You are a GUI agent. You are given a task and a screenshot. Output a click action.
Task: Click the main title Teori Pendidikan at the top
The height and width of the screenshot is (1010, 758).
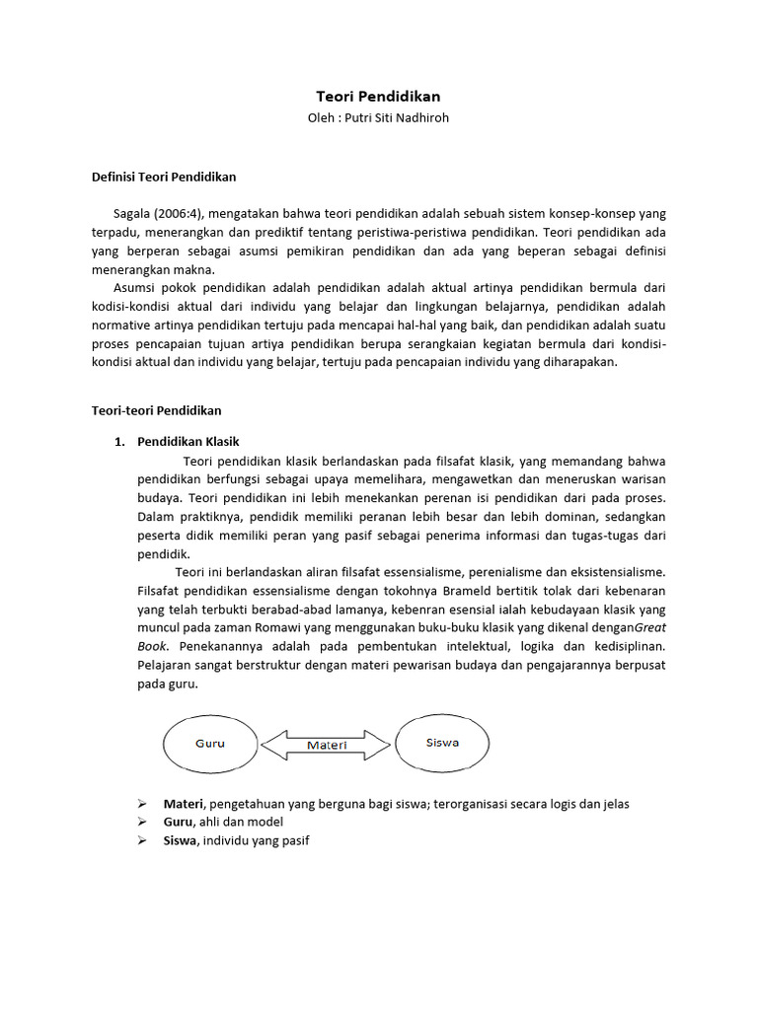[x=378, y=97]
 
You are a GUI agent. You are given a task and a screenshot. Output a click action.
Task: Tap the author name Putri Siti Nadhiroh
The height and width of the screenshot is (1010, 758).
[x=398, y=118]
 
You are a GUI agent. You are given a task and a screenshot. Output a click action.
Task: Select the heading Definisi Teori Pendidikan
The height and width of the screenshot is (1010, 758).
[x=164, y=178]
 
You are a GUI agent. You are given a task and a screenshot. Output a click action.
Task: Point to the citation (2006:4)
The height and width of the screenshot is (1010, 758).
[x=184, y=214]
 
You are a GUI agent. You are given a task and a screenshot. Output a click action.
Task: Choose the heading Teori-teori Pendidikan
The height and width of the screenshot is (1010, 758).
[x=157, y=410]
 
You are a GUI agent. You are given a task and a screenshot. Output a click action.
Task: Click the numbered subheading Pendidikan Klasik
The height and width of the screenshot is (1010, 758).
[x=188, y=442]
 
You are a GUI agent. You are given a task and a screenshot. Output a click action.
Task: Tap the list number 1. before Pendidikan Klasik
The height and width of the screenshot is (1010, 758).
[x=120, y=442]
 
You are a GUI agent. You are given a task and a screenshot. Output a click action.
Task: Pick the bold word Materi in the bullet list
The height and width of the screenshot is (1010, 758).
[x=183, y=804]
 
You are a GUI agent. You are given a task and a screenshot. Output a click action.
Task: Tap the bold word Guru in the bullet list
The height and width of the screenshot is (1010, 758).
[x=178, y=822]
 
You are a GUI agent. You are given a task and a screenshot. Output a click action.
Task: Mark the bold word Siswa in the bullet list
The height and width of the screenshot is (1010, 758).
[x=181, y=840]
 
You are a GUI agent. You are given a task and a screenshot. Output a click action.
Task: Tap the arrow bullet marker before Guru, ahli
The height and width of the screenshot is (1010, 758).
[x=141, y=822]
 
